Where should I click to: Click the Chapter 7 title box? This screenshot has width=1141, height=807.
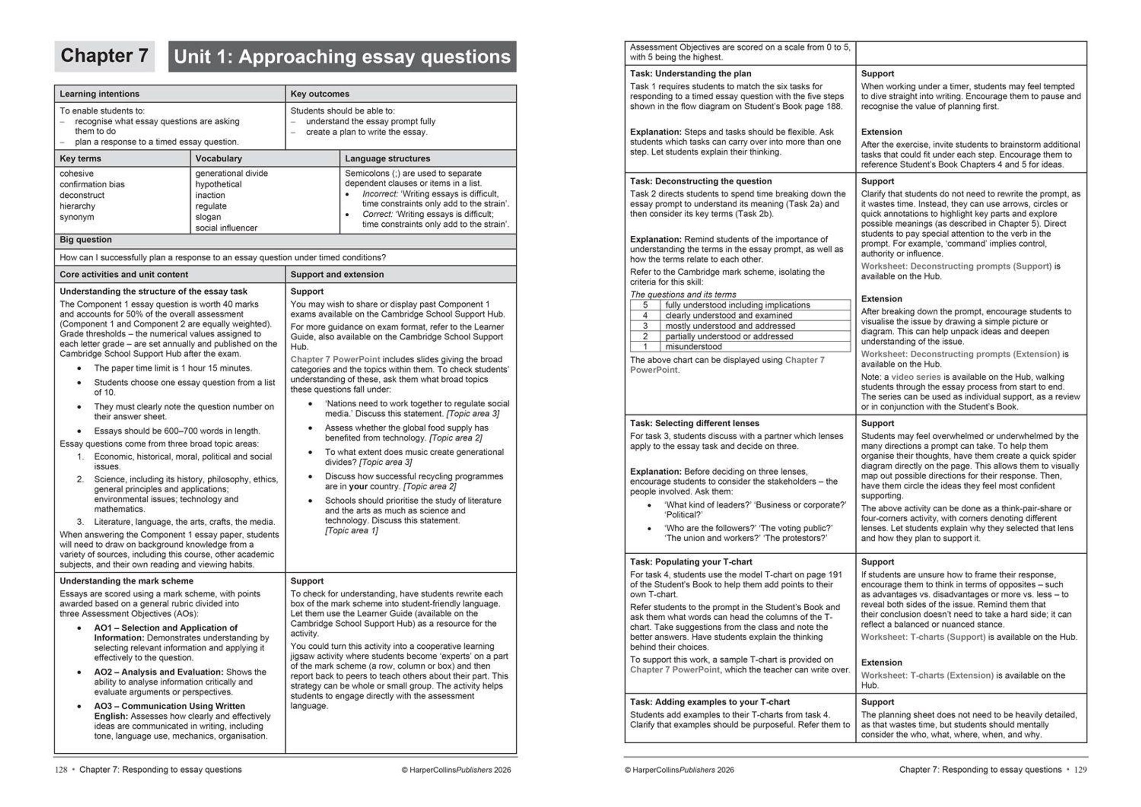click(x=105, y=56)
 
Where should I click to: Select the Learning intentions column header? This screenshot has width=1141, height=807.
click(x=99, y=94)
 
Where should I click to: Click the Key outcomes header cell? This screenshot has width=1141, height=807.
click(x=319, y=94)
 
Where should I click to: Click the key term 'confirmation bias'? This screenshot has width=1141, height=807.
click(x=92, y=184)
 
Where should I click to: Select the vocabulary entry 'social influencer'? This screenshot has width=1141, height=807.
click(x=226, y=228)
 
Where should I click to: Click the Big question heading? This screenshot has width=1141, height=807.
click(x=86, y=240)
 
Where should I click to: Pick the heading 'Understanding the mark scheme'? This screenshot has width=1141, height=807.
click(x=126, y=581)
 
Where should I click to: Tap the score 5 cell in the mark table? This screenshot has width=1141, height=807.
click(x=645, y=305)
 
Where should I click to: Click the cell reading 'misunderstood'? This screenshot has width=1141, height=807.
click(x=693, y=347)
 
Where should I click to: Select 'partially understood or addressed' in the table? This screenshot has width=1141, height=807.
click(x=729, y=336)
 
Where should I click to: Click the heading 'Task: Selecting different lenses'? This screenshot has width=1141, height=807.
click(x=694, y=423)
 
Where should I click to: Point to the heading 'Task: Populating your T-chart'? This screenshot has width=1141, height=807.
click(x=691, y=562)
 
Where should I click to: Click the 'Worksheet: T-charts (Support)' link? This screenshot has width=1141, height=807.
click(x=923, y=637)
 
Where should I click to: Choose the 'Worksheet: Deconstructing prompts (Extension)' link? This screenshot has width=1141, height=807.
click(x=960, y=354)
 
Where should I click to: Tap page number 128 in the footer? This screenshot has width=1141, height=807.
click(x=61, y=770)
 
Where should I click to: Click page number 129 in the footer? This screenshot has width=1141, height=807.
click(x=1080, y=770)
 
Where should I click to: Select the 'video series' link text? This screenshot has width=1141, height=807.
click(x=915, y=377)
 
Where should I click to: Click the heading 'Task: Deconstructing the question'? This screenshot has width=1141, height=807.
click(x=701, y=182)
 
